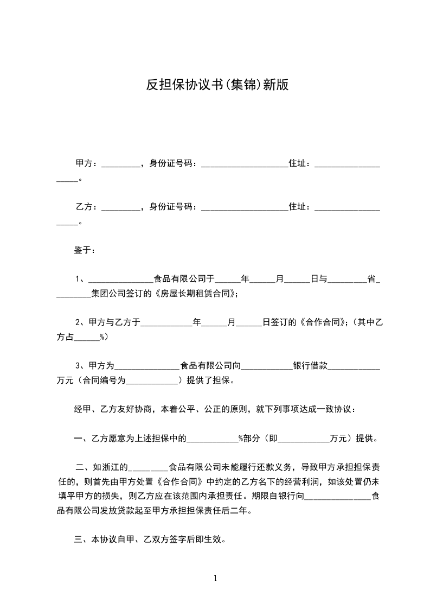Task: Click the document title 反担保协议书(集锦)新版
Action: [217, 84]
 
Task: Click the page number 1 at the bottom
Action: [215, 578]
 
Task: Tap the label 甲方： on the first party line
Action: [87, 163]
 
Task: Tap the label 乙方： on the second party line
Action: [87, 207]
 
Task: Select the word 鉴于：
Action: [85, 250]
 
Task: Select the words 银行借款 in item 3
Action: [310, 366]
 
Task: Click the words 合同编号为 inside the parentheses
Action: [104, 380]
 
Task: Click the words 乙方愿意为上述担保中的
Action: [136, 439]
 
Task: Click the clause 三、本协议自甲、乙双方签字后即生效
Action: [149, 540]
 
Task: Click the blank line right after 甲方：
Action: [121, 164]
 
